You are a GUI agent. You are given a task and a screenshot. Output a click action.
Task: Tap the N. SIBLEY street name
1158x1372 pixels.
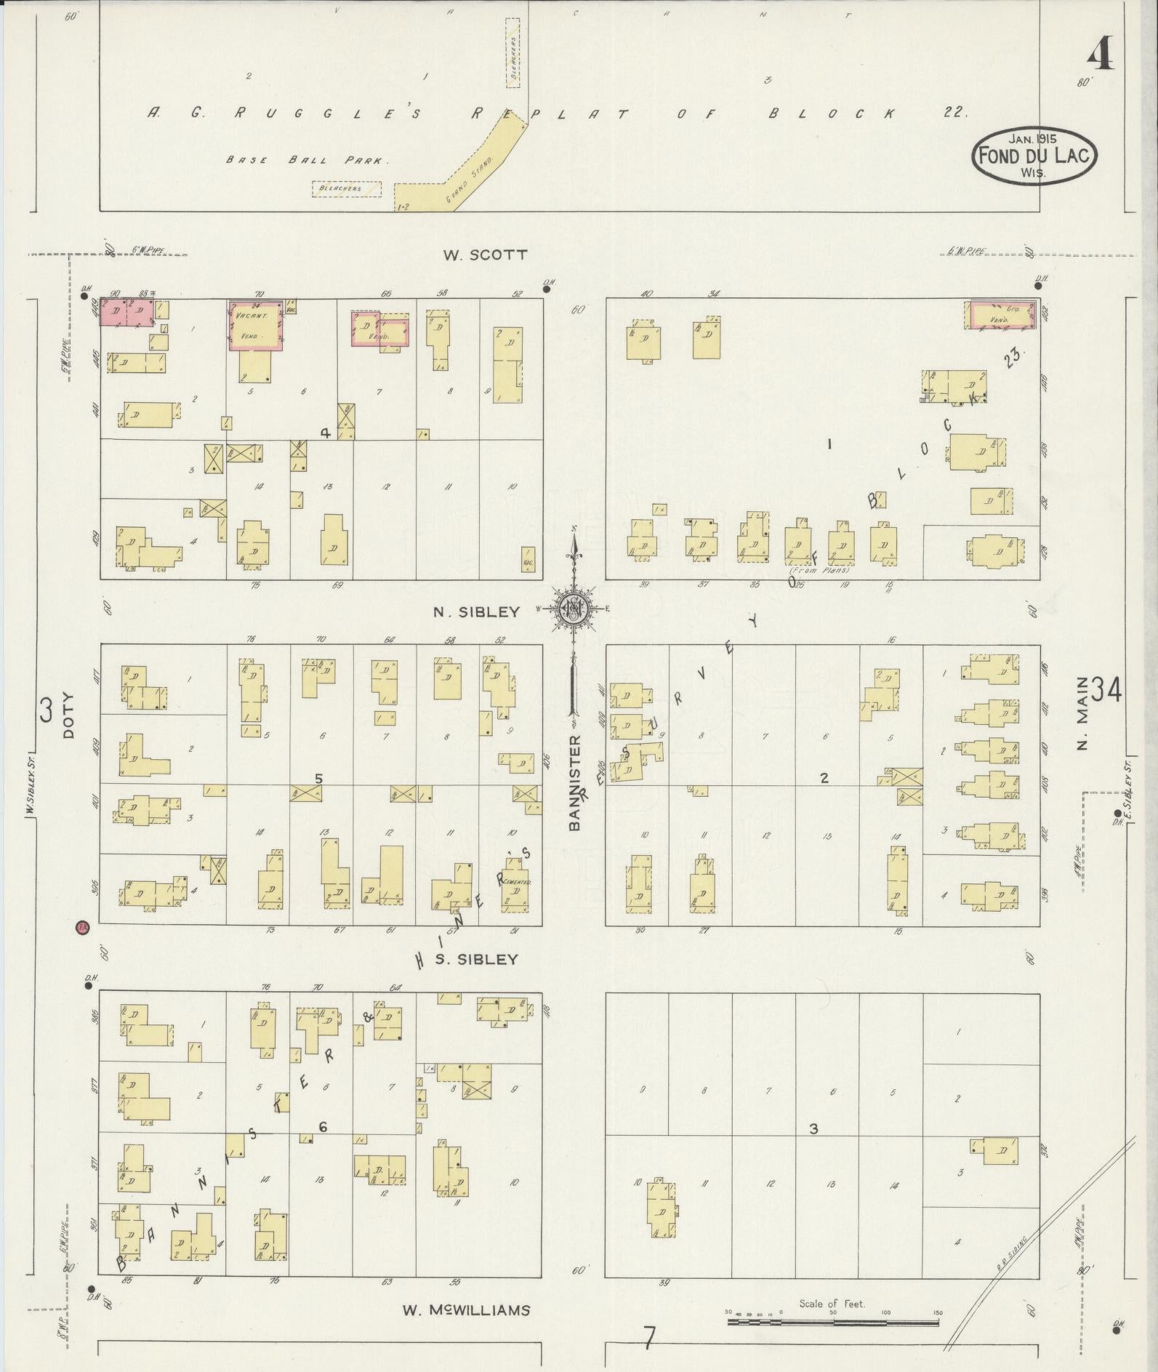coord(477,612)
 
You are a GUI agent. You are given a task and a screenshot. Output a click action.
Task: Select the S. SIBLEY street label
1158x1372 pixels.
coord(478,959)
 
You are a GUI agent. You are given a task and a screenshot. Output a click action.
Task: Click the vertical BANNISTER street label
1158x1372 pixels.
coord(575,782)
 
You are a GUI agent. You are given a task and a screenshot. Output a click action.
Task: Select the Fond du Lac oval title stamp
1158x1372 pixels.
coord(1035,155)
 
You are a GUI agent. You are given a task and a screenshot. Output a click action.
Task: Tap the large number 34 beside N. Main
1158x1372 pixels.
coord(1105,691)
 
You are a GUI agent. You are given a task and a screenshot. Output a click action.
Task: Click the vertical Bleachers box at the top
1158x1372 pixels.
coord(513,53)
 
